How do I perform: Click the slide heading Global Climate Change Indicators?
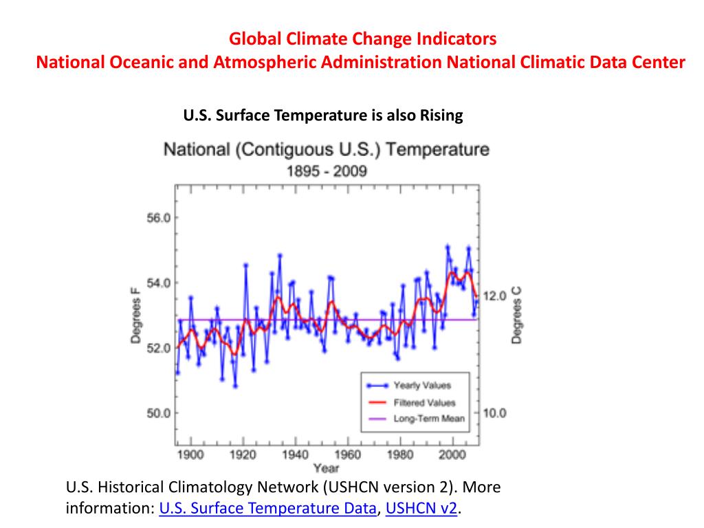point(362,38)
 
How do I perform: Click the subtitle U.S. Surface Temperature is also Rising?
point(323,115)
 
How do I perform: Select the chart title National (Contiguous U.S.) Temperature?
point(326,149)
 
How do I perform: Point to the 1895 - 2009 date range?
point(326,170)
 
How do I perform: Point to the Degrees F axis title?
point(135,315)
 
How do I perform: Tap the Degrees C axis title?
point(516,315)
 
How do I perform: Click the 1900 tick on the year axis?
point(190,454)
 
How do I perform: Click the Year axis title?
point(327,468)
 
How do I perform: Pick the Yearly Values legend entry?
point(421,386)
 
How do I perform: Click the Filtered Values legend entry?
point(423,402)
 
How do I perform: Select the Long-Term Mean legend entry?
point(428,418)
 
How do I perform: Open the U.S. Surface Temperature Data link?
point(268,509)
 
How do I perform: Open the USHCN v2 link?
point(421,509)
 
